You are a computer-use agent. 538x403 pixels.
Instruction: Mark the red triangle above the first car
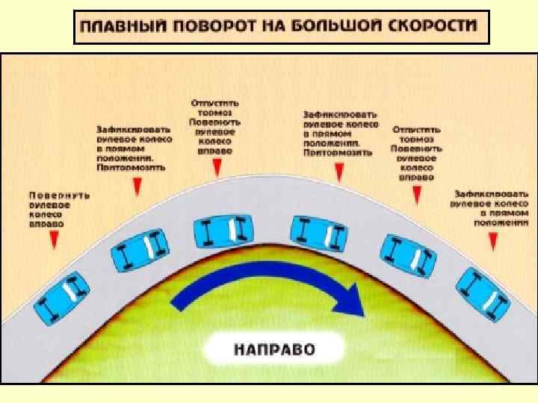[54, 240]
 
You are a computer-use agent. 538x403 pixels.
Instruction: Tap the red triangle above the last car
[492, 238]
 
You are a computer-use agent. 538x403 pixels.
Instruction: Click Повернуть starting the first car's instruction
[59, 195]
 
